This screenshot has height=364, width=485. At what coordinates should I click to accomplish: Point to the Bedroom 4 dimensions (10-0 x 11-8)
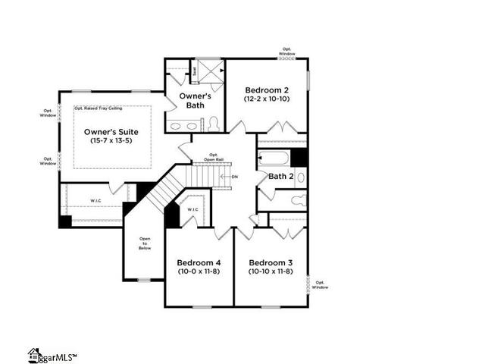199,271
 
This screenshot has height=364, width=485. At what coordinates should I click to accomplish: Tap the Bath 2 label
280,176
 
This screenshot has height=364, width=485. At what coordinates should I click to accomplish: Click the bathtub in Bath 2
273,158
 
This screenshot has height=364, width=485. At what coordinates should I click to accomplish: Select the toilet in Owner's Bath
214,124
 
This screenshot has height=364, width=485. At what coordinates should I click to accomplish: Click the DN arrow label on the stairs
233,177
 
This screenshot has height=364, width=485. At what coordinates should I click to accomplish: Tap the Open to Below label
144,243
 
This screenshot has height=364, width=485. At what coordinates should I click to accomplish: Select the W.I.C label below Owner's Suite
95,201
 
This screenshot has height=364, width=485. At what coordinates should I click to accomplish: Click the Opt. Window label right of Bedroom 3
320,285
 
